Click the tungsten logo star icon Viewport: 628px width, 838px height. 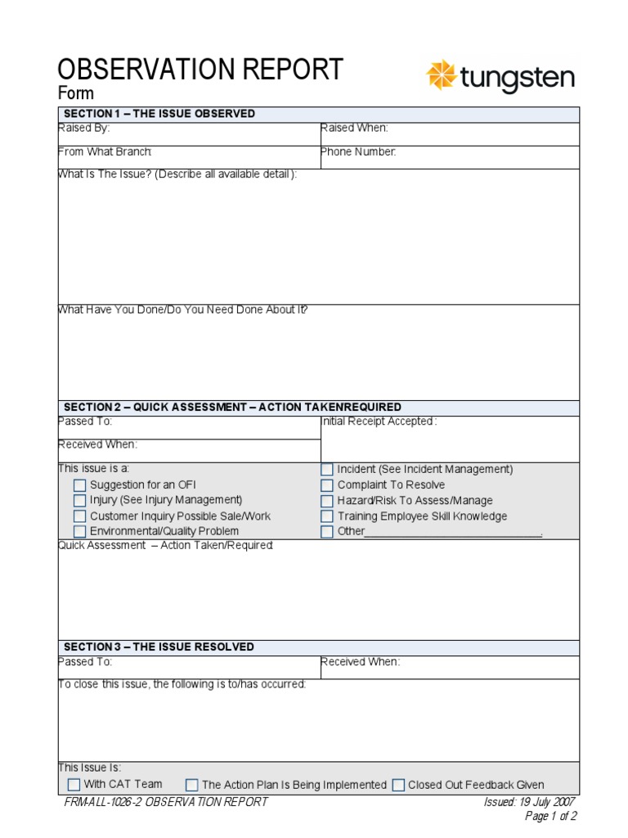coord(442,75)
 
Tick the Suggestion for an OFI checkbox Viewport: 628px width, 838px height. coord(79,485)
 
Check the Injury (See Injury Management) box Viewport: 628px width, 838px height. coord(79,500)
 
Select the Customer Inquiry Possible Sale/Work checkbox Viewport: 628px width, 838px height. coord(79,516)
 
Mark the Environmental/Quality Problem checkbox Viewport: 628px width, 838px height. coord(79,531)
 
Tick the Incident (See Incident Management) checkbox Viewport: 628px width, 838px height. coord(327,470)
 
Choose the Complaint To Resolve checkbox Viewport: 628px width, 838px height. coord(327,485)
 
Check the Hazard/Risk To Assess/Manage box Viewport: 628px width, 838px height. coord(327,501)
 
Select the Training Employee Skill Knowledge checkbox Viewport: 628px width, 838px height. coord(327,516)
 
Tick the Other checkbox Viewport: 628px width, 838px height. coord(327,531)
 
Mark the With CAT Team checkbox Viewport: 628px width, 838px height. coord(74,784)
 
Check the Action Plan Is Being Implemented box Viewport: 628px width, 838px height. coord(192,785)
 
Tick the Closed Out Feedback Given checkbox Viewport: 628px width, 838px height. coord(398,785)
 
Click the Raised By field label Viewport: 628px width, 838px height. coord(83,128)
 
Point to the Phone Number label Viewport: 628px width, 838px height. coord(358,152)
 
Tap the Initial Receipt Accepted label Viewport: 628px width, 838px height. coord(379,421)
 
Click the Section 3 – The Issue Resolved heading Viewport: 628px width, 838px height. coord(159,647)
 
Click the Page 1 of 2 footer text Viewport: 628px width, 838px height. coord(550,816)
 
